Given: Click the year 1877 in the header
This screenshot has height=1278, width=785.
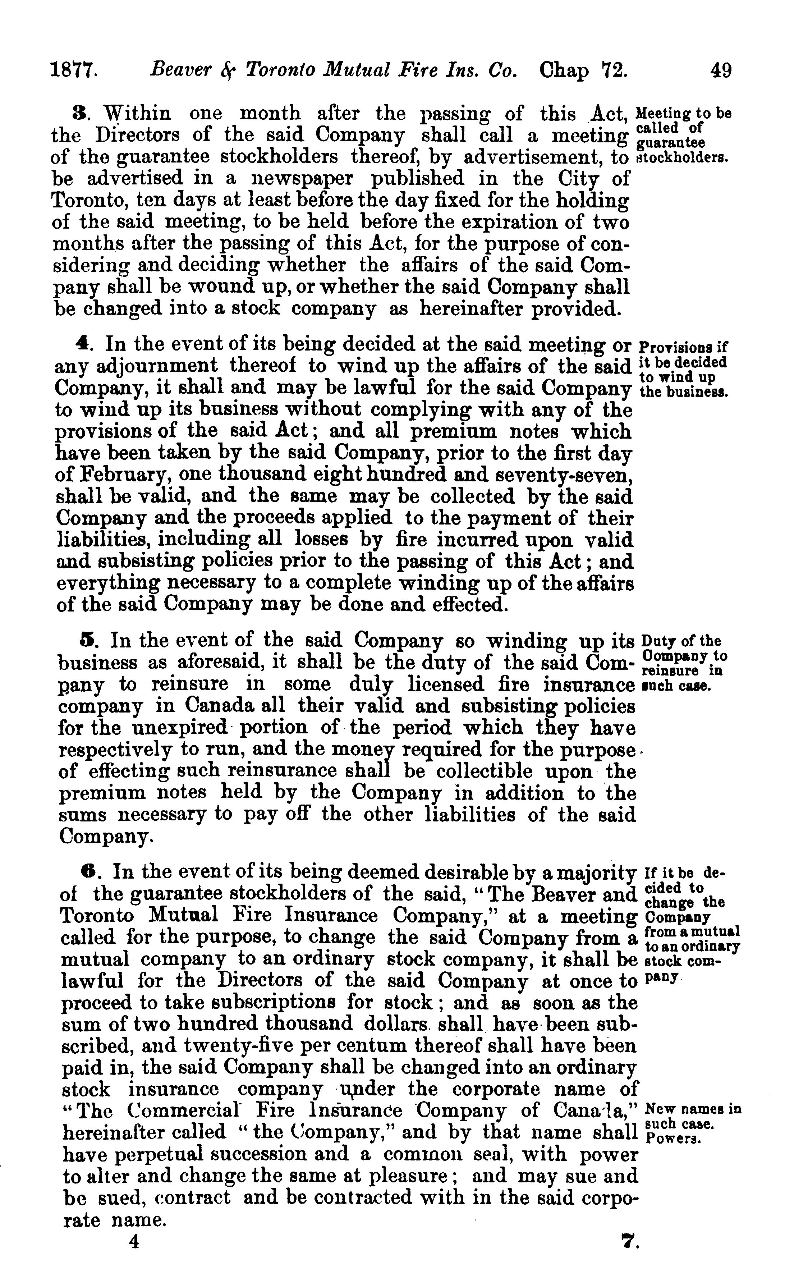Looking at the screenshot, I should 74,70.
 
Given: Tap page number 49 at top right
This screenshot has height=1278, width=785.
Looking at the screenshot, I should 721,70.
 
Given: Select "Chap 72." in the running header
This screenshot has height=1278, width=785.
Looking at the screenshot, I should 584,70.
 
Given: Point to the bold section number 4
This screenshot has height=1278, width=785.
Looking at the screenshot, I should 82,344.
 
